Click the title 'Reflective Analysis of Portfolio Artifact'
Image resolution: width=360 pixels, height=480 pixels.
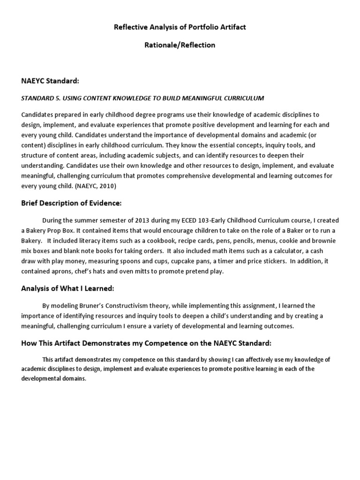tap(180, 27)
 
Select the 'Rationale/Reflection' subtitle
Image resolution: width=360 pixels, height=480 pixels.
tap(180, 45)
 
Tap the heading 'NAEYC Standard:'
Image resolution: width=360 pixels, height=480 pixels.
tap(50, 81)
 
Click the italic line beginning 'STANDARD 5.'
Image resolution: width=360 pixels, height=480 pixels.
tap(143, 98)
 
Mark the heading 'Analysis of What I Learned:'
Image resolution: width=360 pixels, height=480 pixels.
tap(67, 288)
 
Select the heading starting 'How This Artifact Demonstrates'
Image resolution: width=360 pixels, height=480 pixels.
tap(146, 343)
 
